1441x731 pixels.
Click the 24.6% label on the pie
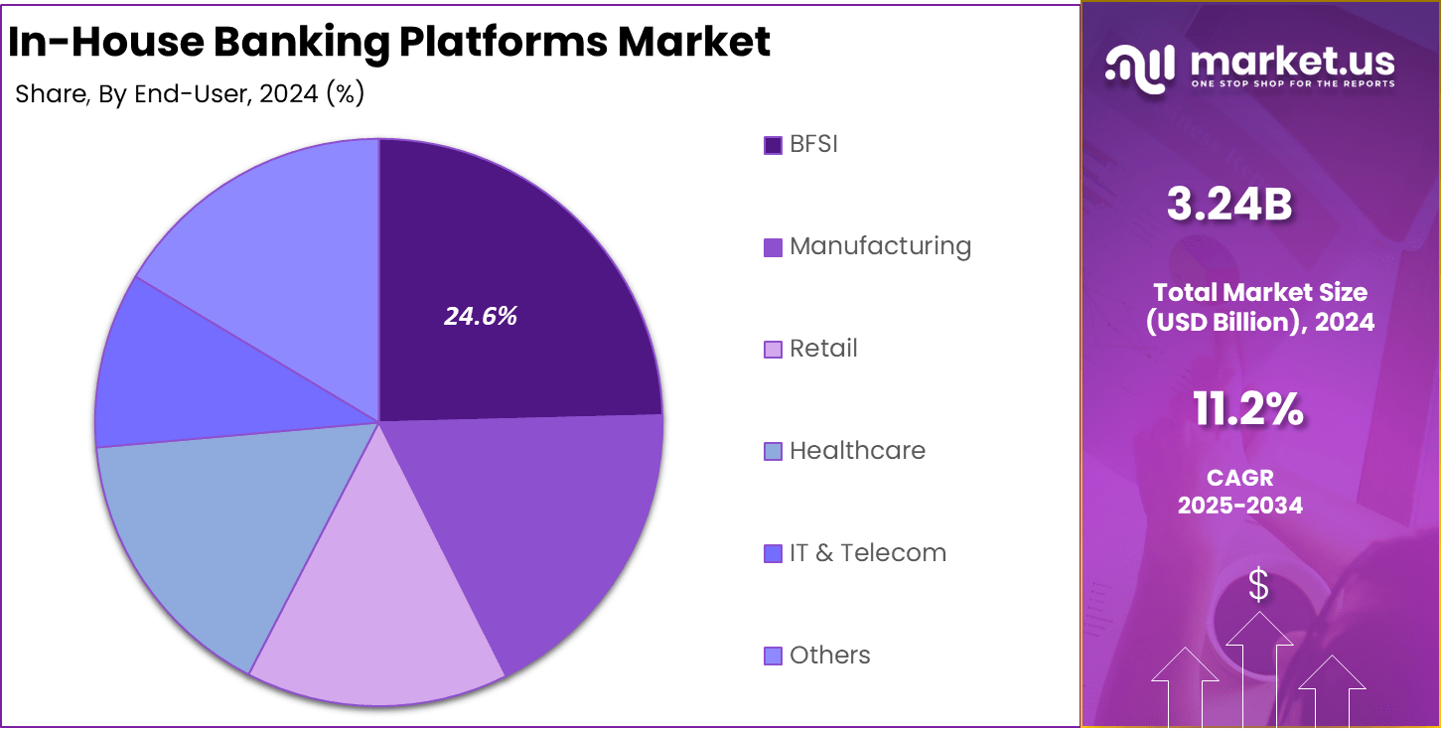pos(481,317)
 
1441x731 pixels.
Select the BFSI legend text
pos(813,144)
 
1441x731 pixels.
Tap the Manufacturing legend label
pos(880,246)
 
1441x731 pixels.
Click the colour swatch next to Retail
pos(773,350)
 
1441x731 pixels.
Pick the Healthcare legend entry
pos(857,451)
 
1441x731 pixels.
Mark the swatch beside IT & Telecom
pos(773,553)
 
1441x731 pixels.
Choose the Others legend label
pos(829,656)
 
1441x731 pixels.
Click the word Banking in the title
pos(302,42)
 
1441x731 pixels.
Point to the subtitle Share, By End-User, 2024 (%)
pos(190,94)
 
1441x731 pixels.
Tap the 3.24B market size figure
pos(1228,206)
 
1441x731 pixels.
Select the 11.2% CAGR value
pos(1247,409)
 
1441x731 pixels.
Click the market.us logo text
pos(1290,62)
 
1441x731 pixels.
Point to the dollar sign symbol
pos(1258,585)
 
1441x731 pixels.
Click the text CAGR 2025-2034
pos(1240,492)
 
